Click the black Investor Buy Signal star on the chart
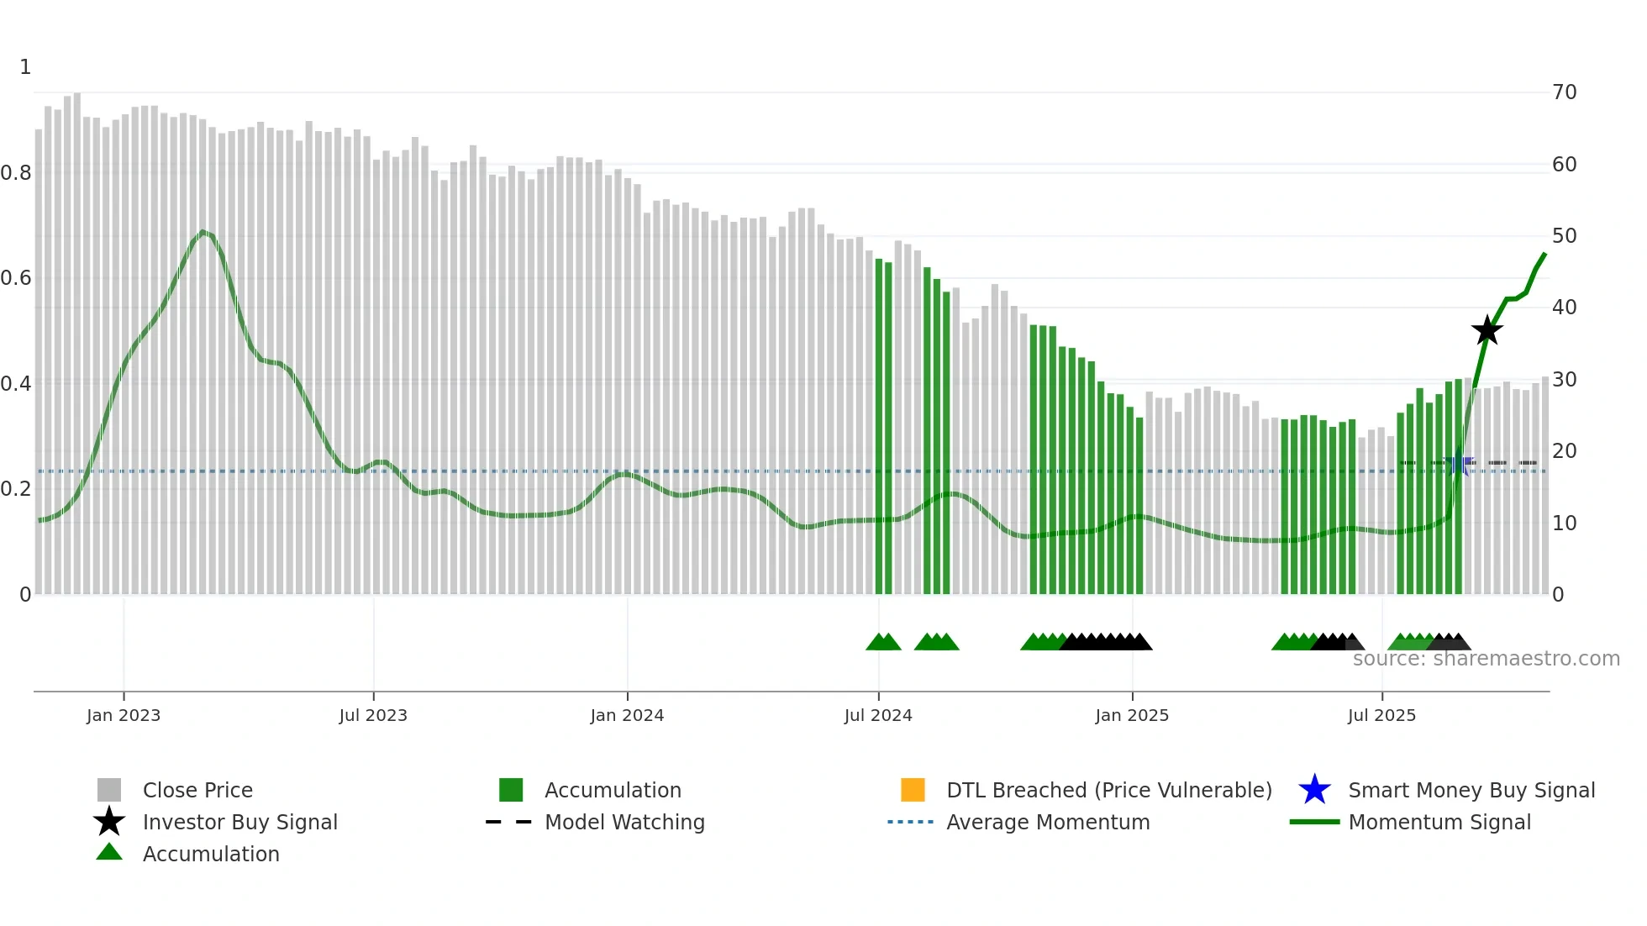click(x=1487, y=330)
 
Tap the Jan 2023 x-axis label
click(x=123, y=715)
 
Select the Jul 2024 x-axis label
click(x=878, y=715)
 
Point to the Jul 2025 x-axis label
click(x=1381, y=715)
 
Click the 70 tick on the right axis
click(x=1564, y=92)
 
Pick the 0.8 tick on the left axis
click(x=16, y=173)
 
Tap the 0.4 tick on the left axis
click(x=16, y=384)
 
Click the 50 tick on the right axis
click(x=1564, y=236)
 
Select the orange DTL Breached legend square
click(x=913, y=790)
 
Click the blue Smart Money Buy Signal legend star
click(x=1314, y=790)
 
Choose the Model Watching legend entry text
click(x=624, y=822)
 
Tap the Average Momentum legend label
click(x=1048, y=822)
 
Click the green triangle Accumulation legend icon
click(x=109, y=852)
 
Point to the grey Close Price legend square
click(x=109, y=790)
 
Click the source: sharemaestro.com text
click(x=1486, y=659)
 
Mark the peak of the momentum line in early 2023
click(x=203, y=231)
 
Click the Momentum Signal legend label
click(x=1439, y=822)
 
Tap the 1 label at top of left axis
click(x=25, y=67)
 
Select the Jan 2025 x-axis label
click(x=1132, y=715)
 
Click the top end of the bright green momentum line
click(x=1544, y=253)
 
